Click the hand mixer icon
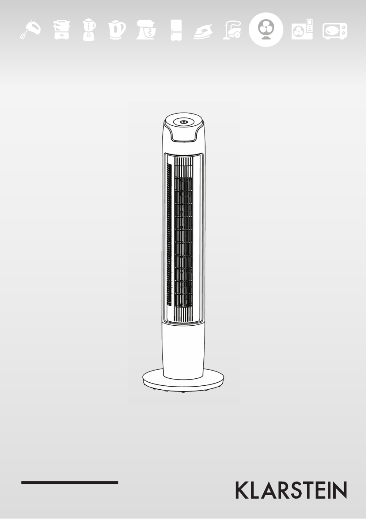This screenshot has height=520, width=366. (30, 30)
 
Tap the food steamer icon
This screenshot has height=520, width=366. (61, 30)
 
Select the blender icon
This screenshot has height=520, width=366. (89, 30)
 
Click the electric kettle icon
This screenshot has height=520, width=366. (117, 30)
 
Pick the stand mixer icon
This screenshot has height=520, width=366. (146, 30)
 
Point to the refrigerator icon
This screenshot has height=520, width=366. (176, 30)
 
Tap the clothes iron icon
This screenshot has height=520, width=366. (203, 32)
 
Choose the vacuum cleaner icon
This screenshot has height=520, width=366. (232, 29)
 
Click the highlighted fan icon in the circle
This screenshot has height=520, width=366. (266, 30)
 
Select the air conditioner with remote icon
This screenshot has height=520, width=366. (302, 29)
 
